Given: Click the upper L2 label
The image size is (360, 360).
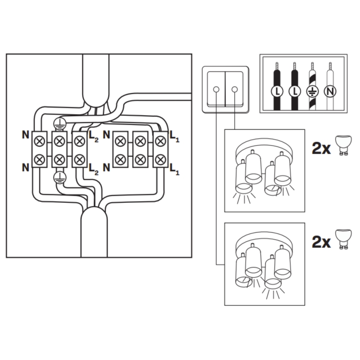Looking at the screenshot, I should pos(94,137).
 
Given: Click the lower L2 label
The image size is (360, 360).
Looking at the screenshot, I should pos(94,169).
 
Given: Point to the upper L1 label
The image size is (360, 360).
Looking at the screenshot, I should pos(175,137).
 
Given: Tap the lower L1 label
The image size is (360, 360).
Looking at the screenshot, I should pos(175,169).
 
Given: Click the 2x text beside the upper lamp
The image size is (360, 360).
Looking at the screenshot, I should pos(321,148).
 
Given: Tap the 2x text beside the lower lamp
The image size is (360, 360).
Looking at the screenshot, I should pos(321,242).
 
